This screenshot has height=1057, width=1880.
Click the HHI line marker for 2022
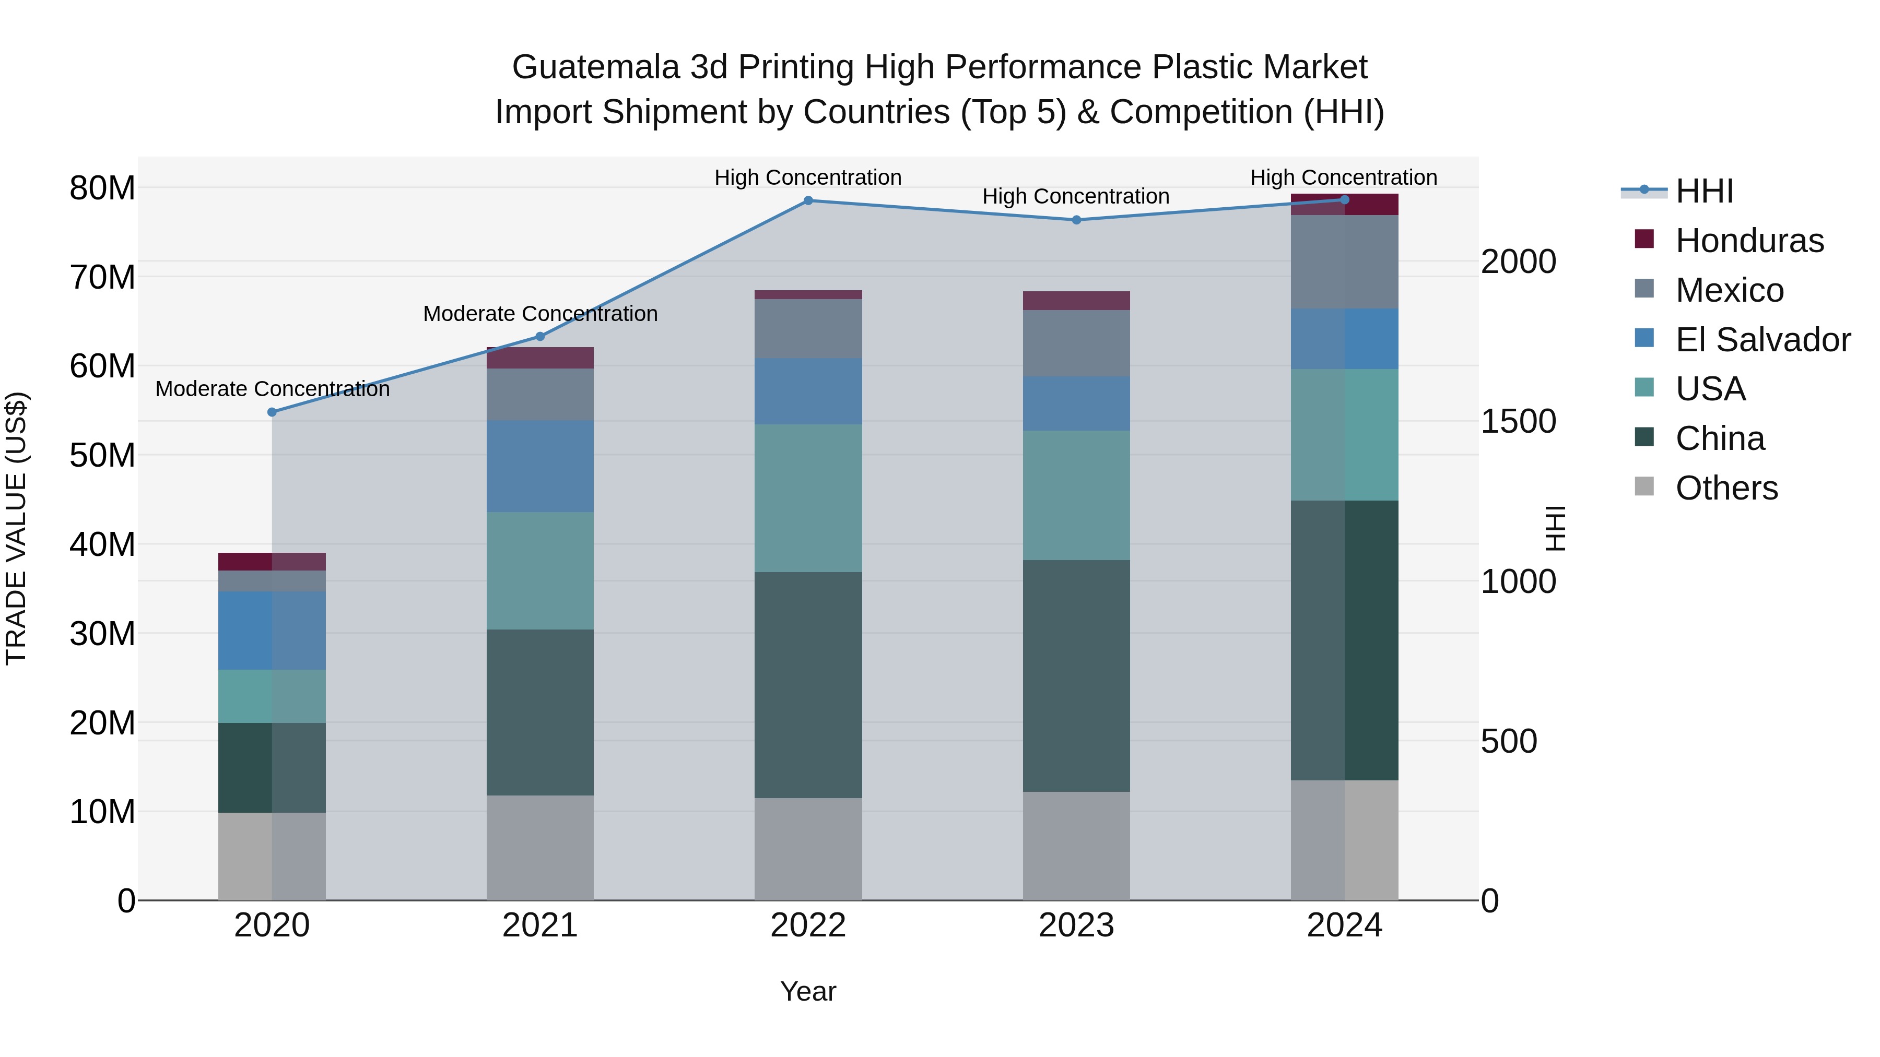coord(808,200)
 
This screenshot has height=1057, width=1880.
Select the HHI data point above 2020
coord(272,412)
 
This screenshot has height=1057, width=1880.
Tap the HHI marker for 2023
coord(1076,220)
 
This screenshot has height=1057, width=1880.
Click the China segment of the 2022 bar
coord(808,684)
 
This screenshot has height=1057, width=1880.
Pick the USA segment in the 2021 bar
coord(540,571)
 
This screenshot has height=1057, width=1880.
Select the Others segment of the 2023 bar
coord(1076,846)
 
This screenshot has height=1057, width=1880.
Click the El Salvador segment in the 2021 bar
coord(540,466)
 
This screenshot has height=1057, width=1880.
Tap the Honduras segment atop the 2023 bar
coord(1076,301)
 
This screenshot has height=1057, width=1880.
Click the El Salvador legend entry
coord(1762,340)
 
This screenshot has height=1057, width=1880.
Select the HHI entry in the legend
coord(1704,191)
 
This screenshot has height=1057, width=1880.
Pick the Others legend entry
coord(1726,488)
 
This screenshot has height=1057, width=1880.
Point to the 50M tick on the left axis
coord(102,455)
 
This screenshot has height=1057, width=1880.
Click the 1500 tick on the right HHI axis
coord(1518,422)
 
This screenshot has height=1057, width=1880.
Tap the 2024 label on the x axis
coord(1344,925)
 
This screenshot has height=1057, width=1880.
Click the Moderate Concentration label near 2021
coord(540,314)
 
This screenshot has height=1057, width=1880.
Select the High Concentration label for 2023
coord(1076,196)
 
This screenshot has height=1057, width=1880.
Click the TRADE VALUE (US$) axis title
coord(16,528)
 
